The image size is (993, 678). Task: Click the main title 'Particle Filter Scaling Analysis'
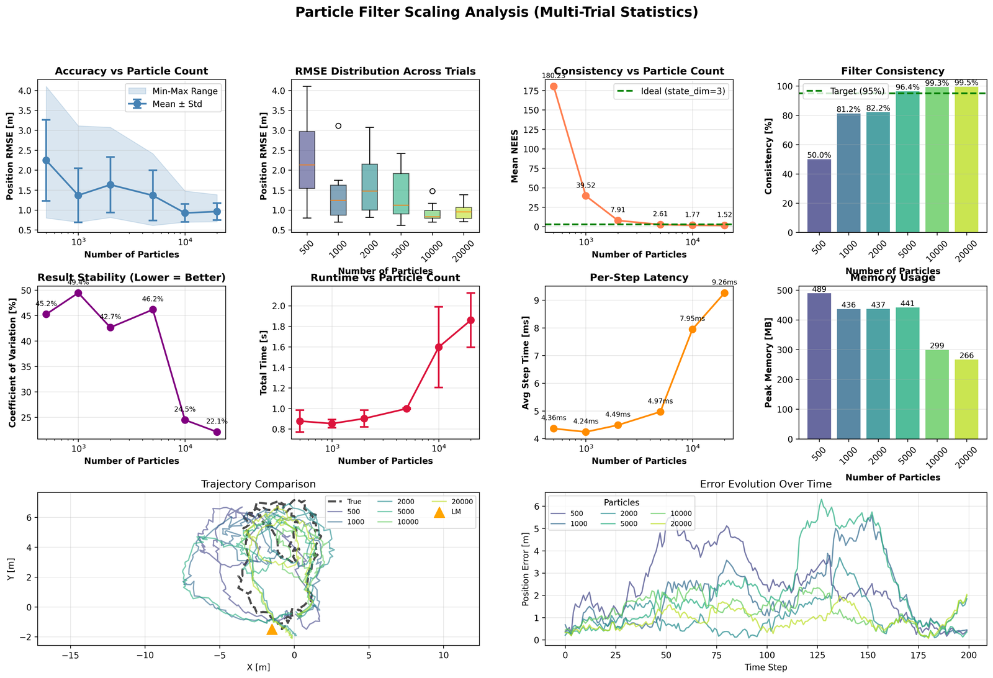click(x=496, y=12)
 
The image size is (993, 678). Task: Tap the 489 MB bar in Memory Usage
click(x=819, y=366)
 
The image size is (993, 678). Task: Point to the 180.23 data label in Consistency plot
click(x=554, y=76)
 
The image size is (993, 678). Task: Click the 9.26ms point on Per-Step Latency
click(x=724, y=293)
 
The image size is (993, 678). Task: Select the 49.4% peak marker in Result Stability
click(x=78, y=293)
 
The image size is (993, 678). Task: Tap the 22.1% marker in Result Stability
click(x=217, y=432)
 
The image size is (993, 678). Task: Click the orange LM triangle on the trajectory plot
click(x=271, y=630)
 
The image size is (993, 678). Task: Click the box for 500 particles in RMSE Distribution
click(x=307, y=160)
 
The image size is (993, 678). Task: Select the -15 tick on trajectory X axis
click(x=70, y=654)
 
